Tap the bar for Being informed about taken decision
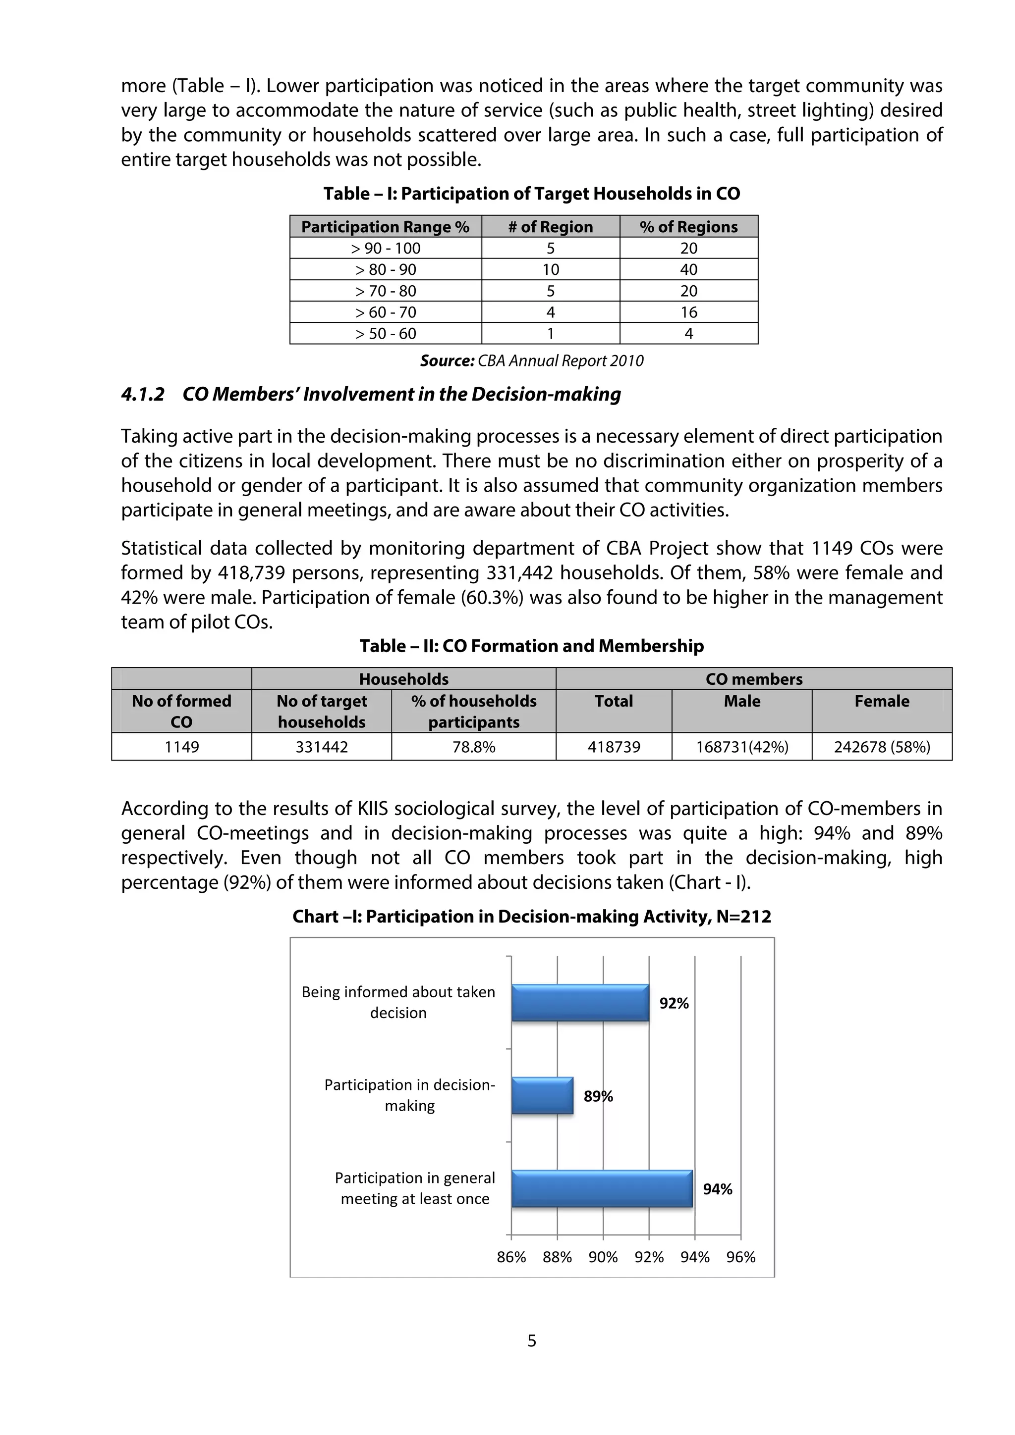pos(580,1003)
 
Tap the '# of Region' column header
pos(550,227)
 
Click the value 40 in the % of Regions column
pos(688,269)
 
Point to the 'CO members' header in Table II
pos(754,679)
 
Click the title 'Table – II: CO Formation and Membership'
pos(532,646)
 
